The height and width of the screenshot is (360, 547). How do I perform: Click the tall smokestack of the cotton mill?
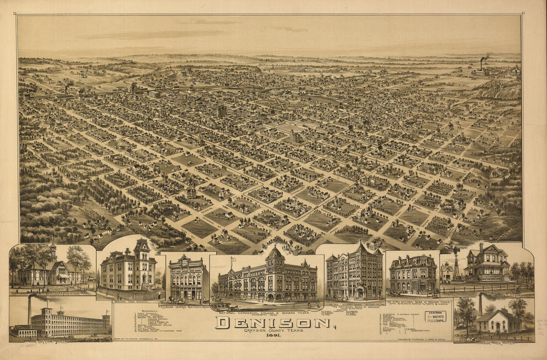point(29,311)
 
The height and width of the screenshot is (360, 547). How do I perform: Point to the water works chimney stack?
point(480,305)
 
